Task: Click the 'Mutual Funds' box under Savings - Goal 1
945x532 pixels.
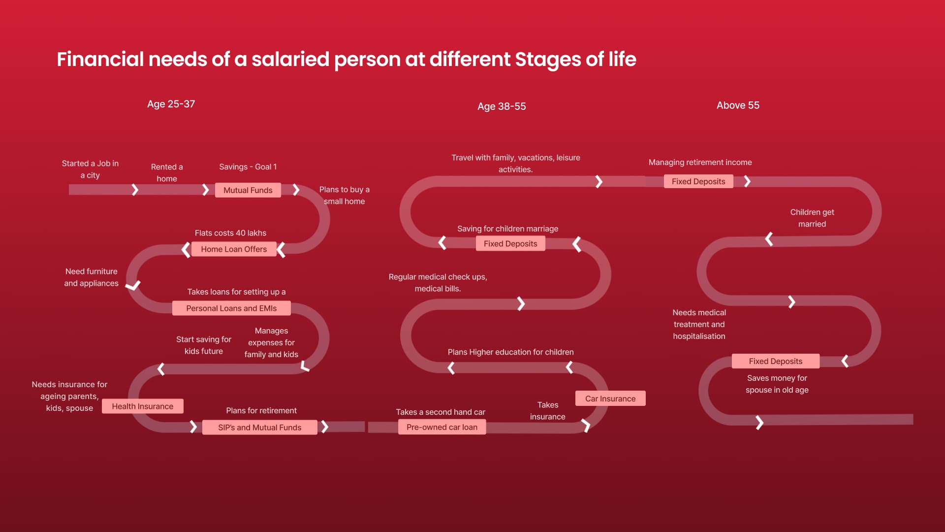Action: click(x=248, y=190)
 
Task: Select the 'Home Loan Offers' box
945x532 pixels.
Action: click(x=234, y=249)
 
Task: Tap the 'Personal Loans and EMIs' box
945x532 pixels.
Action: click(x=231, y=308)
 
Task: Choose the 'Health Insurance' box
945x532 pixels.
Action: click(x=143, y=406)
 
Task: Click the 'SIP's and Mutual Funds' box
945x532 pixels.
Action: click(x=260, y=428)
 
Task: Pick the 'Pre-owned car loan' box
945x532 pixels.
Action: click(x=442, y=427)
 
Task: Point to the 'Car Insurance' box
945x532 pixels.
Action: click(x=610, y=399)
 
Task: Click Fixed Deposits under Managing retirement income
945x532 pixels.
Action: click(x=698, y=181)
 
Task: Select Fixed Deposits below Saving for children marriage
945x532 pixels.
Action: click(x=510, y=244)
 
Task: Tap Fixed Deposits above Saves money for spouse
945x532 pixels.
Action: click(x=776, y=361)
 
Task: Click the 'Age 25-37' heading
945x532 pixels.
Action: click(x=171, y=104)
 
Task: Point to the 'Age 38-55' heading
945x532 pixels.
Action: click(x=502, y=106)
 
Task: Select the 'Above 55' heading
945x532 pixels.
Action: click(x=738, y=105)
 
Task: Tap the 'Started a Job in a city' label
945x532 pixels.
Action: click(x=90, y=169)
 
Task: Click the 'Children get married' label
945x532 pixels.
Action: click(x=812, y=218)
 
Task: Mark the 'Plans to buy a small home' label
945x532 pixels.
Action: click(x=345, y=196)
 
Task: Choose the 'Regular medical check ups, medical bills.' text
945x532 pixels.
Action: click(x=438, y=283)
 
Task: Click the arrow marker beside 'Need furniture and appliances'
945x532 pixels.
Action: click(x=133, y=285)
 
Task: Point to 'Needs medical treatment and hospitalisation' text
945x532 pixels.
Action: click(x=699, y=325)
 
